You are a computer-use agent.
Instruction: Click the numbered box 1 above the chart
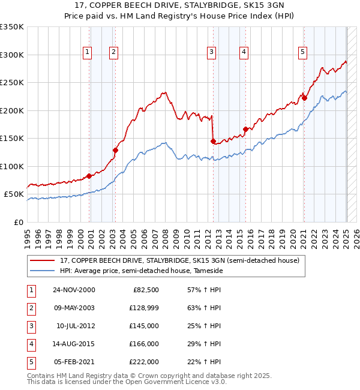88,52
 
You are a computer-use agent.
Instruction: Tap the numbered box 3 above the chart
212,52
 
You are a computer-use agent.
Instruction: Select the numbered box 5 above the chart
302,52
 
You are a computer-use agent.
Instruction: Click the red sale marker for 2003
115,150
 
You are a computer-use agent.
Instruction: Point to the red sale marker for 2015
245,129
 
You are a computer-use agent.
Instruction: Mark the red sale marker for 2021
304,98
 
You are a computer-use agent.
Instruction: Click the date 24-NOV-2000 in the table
74,290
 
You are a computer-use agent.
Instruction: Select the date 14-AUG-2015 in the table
74,344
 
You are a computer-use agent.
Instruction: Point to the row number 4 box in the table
31,344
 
